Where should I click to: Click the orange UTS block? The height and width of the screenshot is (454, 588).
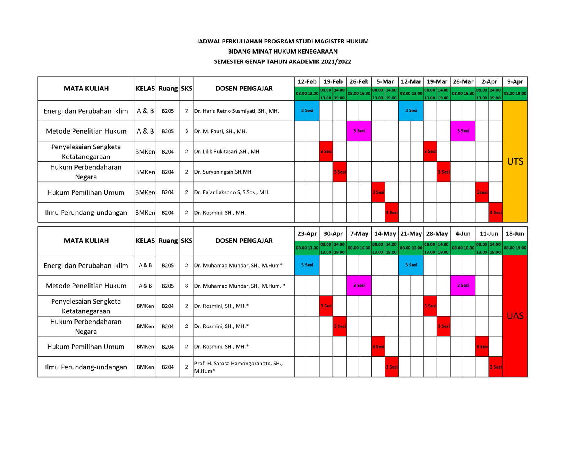pos(515,161)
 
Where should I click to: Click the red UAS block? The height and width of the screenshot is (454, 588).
pos(515,316)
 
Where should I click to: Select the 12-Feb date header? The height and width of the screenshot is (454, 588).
pos(307,81)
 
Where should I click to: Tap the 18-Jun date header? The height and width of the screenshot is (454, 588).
pos(515,233)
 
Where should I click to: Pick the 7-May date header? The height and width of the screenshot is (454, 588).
pos(359,233)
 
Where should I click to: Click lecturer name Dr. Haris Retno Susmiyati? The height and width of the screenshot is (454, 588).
pos(236,111)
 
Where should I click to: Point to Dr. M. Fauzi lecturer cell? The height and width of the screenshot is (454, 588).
pos(220,131)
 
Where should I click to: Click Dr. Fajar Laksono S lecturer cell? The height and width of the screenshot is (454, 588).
pos(232,192)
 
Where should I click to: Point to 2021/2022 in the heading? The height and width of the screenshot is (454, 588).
pos(336,61)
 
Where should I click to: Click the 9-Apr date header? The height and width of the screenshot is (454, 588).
pos(515,81)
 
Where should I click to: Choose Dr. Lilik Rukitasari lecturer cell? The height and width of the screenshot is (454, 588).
pos(227,152)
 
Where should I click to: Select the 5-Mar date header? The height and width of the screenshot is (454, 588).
pos(385,81)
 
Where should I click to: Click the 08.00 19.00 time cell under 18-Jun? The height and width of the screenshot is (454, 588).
pos(515,248)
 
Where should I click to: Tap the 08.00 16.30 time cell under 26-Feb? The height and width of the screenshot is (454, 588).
pos(359,94)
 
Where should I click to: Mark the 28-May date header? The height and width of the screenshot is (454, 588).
pos(437,233)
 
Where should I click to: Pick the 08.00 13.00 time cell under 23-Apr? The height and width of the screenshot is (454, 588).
pos(307,248)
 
